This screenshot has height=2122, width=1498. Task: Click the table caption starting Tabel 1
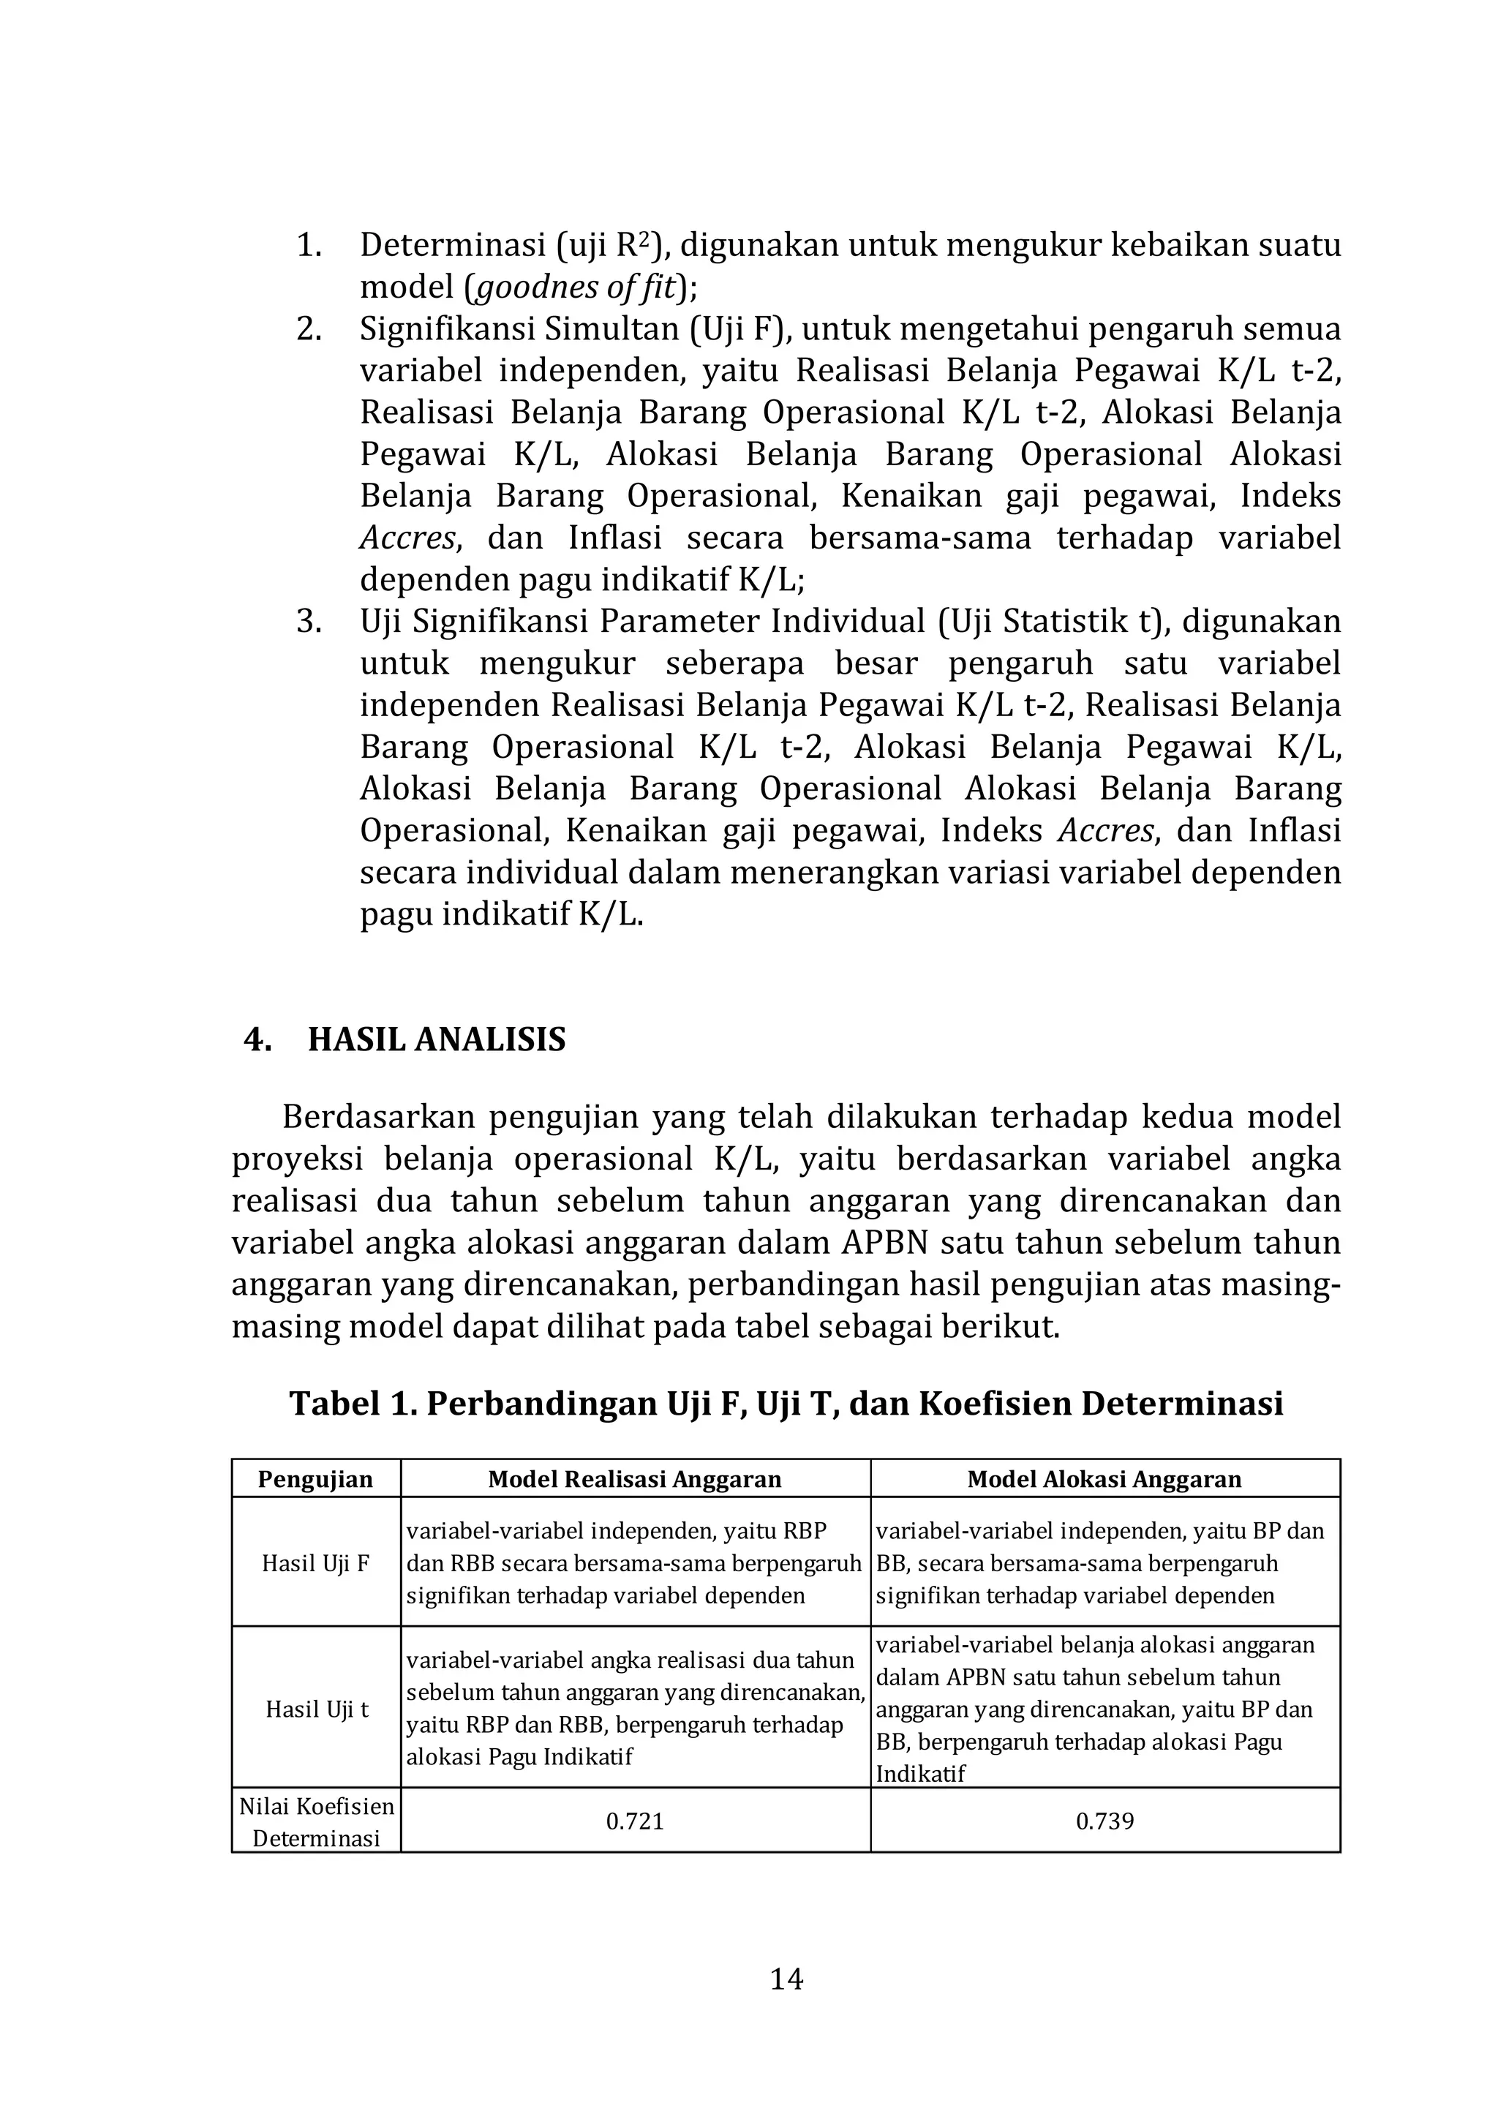click(x=786, y=1403)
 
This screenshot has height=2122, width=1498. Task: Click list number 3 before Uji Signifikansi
click(x=308, y=621)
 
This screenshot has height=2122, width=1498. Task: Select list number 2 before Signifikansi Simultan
click(x=308, y=330)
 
